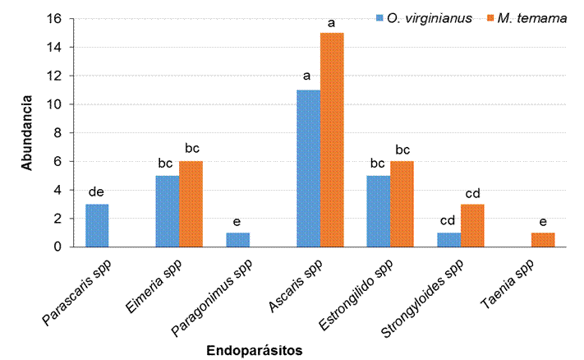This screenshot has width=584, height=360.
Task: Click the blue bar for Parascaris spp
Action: pos(97,225)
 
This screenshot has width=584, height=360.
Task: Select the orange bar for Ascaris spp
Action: pos(332,140)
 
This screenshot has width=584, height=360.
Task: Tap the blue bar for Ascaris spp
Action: pos(308,168)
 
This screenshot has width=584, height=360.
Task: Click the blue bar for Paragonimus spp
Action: pos(238,239)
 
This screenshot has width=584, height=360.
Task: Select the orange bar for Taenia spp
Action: pos(544,239)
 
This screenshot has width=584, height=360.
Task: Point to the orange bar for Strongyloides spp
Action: pos(473,225)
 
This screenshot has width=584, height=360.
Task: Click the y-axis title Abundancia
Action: pos(26,133)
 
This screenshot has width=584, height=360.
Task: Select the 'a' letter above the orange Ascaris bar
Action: pos(332,23)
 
